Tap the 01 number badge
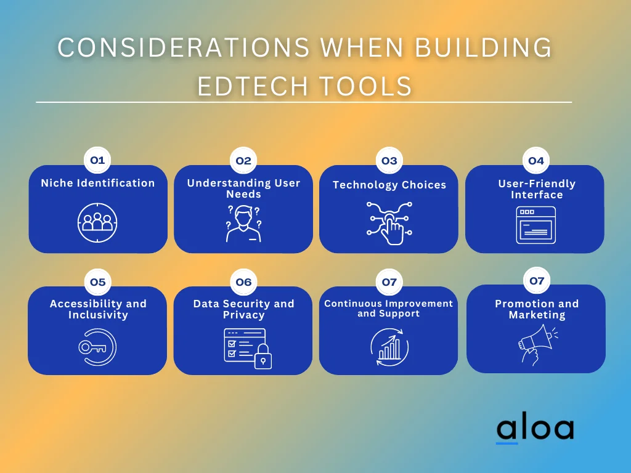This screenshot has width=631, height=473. click(97, 160)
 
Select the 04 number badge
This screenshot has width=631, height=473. click(535, 161)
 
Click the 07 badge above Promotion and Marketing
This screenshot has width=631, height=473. click(537, 280)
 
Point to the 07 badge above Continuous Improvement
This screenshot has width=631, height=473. click(389, 282)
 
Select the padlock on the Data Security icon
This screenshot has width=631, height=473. click(263, 357)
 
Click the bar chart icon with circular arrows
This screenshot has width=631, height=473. click(389, 347)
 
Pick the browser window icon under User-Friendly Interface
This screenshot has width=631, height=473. click(536, 225)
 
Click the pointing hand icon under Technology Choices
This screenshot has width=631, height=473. click(389, 224)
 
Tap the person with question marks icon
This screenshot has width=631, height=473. click(243, 224)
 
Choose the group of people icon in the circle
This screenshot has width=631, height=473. click(97, 223)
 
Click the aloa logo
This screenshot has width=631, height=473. click(535, 429)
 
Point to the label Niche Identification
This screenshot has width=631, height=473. click(98, 183)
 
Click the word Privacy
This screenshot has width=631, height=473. click(244, 315)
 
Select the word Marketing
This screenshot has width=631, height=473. click(537, 315)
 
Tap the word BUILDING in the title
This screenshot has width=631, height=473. click(483, 47)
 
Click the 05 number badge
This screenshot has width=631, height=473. click(98, 282)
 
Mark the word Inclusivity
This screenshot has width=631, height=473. click(98, 315)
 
